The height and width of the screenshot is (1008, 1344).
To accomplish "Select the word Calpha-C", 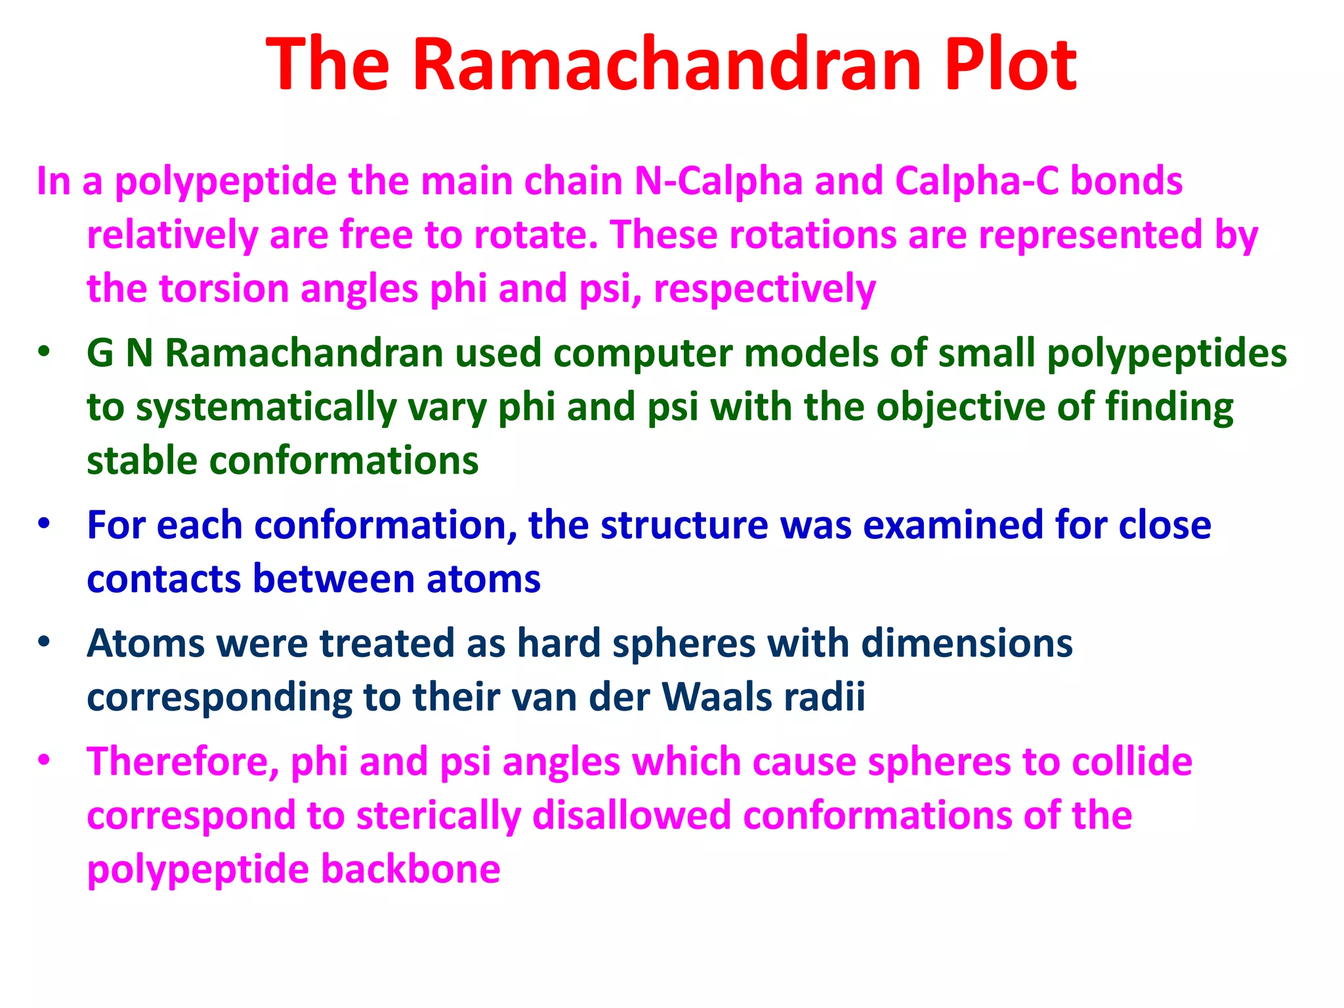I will (976, 181).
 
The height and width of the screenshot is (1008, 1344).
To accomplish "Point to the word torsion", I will (224, 289).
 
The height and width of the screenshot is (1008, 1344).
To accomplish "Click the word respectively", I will (765, 289).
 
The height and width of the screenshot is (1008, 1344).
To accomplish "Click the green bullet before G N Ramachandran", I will (44, 351).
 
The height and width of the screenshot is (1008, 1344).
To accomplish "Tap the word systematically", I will (266, 408).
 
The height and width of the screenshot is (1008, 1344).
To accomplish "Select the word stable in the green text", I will (142, 461).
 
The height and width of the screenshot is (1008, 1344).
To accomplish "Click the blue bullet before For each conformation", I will (44, 524).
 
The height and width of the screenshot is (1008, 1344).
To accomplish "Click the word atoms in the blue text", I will (483, 579).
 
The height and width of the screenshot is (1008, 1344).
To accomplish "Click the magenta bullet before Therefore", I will (44, 760).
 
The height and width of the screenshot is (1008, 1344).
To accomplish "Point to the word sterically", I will (438, 816).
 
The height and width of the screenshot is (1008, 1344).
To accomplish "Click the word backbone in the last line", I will (411, 869).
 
